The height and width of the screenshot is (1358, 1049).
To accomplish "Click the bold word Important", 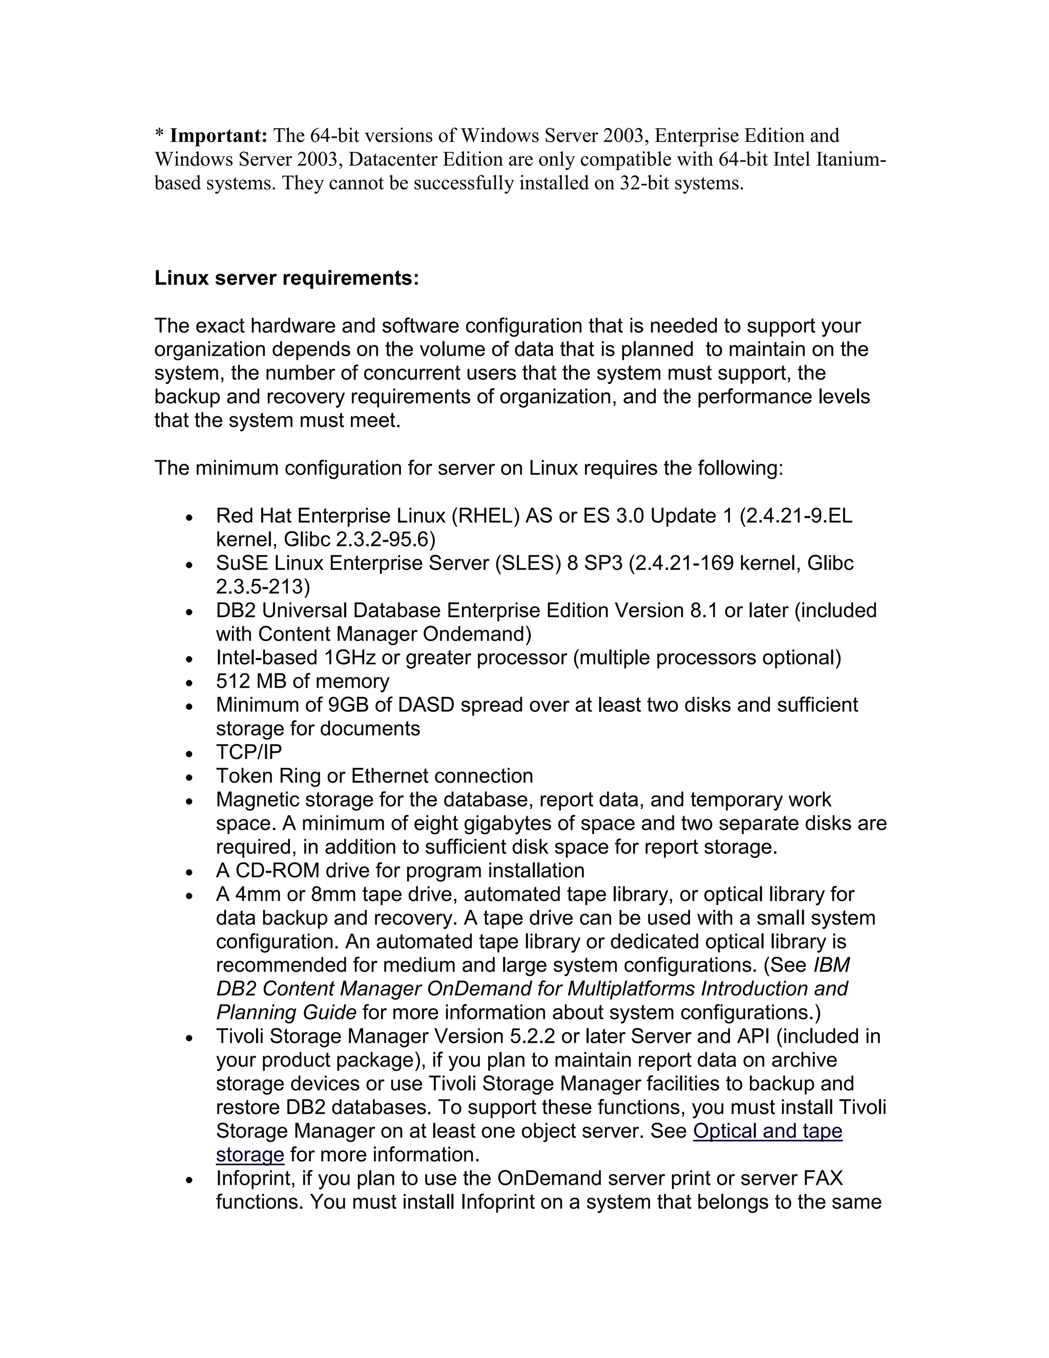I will pyautogui.click(x=218, y=136).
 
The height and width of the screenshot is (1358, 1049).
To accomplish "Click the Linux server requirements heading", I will pyautogui.click(x=286, y=278).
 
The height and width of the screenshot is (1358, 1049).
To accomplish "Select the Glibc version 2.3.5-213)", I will pyautogui.click(x=263, y=586).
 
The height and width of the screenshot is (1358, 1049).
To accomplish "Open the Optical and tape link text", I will pyautogui.click(x=767, y=1131).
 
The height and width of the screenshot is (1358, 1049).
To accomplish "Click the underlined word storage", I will pyautogui.click(x=250, y=1155).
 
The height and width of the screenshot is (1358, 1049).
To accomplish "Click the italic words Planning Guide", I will pyautogui.click(x=286, y=1013).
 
